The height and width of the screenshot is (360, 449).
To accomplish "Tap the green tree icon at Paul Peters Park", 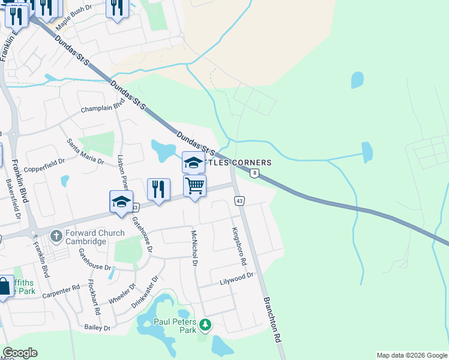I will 205,325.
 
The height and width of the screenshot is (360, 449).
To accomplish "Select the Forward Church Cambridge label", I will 87,237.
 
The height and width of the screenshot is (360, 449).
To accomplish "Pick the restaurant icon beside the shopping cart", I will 158,190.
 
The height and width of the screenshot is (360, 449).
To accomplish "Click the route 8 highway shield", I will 255,173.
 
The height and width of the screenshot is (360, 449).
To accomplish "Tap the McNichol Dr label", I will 194,248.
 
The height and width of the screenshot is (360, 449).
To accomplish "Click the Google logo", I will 20,353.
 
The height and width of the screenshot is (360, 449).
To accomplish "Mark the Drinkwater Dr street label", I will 144,292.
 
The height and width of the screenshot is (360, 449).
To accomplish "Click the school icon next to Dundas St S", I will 193,162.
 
